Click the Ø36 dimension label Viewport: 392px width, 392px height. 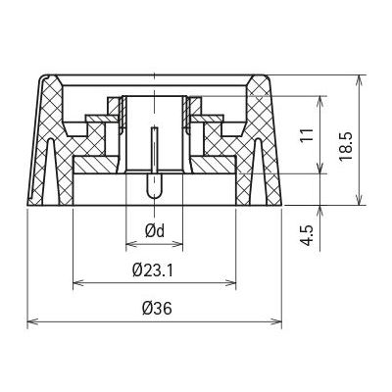click(x=157, y=308)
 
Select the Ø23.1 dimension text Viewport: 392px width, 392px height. click(x=153, y=270)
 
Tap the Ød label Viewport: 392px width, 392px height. click(x=155, y=231)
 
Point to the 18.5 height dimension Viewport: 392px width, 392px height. click(x=345, y=146)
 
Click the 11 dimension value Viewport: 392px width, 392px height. click(x=307, y=134)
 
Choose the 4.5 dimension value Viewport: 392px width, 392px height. click(x=307, y=234)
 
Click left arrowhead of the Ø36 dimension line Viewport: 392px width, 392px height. click(x=32, y=321)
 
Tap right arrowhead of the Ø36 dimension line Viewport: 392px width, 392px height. click(x=276, y=321)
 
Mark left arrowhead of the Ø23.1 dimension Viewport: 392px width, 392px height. click(x=78, y=283)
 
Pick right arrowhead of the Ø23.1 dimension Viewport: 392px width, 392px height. click(x=230, y=283)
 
